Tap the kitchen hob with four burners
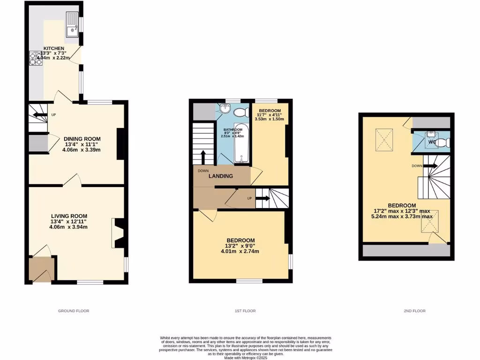click(x=36, y=58)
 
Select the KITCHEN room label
click(x=54, y=48)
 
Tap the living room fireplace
click(x=118, y=232)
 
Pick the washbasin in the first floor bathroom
click(x=226, y=109)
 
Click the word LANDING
click(x=221, y=176)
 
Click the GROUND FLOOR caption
click(x=74, y=311)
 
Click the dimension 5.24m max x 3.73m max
click(x=402, y=217)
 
